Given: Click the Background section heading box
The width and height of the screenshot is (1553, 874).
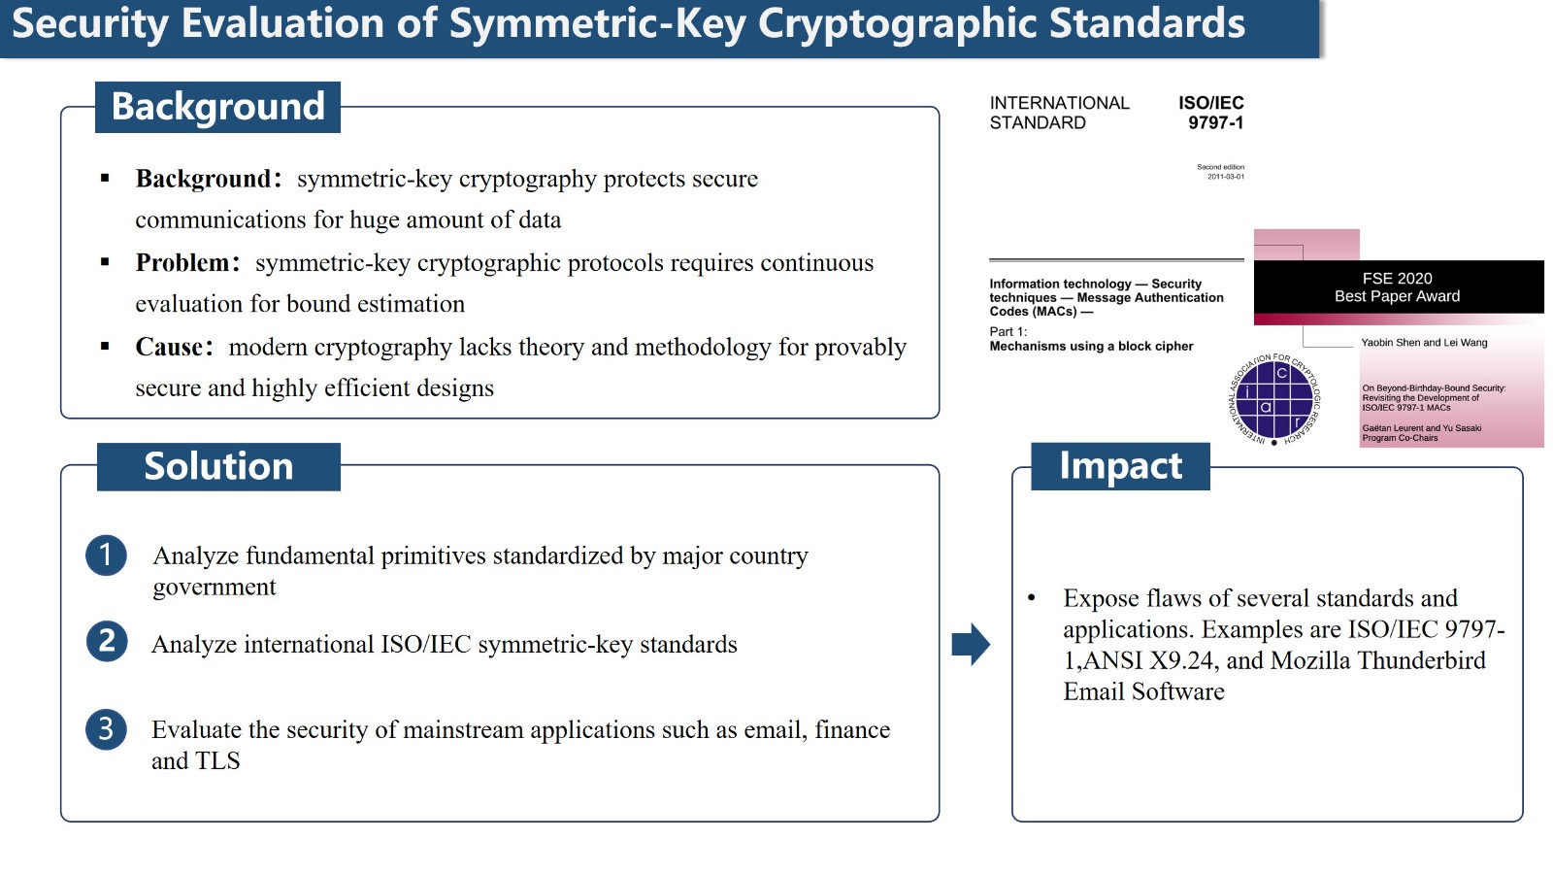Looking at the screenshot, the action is point(217,107).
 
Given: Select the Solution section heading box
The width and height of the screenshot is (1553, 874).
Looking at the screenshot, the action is point(218,466).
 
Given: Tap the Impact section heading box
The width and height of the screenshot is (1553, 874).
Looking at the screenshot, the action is point(1120,466).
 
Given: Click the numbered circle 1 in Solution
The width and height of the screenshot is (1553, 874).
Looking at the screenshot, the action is point(106,555).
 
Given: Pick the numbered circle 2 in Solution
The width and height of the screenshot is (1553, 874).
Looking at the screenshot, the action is point(106,641).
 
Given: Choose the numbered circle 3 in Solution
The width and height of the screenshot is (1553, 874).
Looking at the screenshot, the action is point(106,729).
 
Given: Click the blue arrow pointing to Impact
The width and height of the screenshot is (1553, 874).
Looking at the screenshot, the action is point(971,644).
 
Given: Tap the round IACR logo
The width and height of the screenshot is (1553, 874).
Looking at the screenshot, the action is point(1274,400).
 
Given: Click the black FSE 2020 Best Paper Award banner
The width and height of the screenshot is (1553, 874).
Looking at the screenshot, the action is point(1399,287).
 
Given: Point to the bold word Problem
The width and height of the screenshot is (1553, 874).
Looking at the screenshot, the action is point(182,263).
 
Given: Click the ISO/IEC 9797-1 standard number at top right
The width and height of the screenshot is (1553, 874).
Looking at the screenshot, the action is point(1211,113).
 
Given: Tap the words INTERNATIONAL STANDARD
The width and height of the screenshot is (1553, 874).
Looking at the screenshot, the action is point(1059,113).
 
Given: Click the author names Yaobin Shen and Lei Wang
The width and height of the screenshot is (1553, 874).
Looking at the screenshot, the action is point(1424,343).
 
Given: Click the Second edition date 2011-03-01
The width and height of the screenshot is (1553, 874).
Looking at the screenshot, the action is point(1226,177).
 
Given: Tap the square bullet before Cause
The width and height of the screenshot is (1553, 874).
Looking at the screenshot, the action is point(105,346).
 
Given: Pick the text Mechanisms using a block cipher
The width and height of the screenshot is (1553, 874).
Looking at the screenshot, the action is point(1091,346).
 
